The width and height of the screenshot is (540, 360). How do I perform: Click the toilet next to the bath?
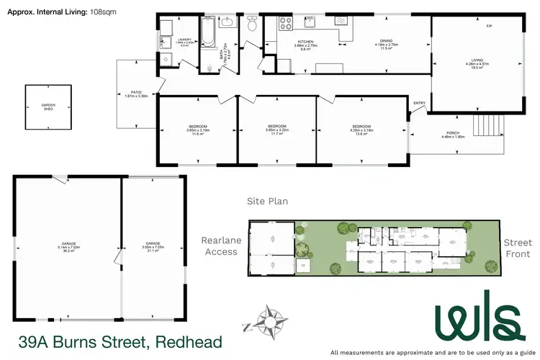point(252,27)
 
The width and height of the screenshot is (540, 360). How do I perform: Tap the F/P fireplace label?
point(489,27)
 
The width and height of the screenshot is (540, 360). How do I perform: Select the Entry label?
point(419,103)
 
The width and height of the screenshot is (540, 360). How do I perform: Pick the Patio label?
point(135,94)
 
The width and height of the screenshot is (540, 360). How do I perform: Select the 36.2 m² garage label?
point(70,246)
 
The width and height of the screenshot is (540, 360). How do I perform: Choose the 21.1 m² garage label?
point(152,246)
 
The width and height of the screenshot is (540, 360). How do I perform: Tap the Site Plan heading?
point(267,202)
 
